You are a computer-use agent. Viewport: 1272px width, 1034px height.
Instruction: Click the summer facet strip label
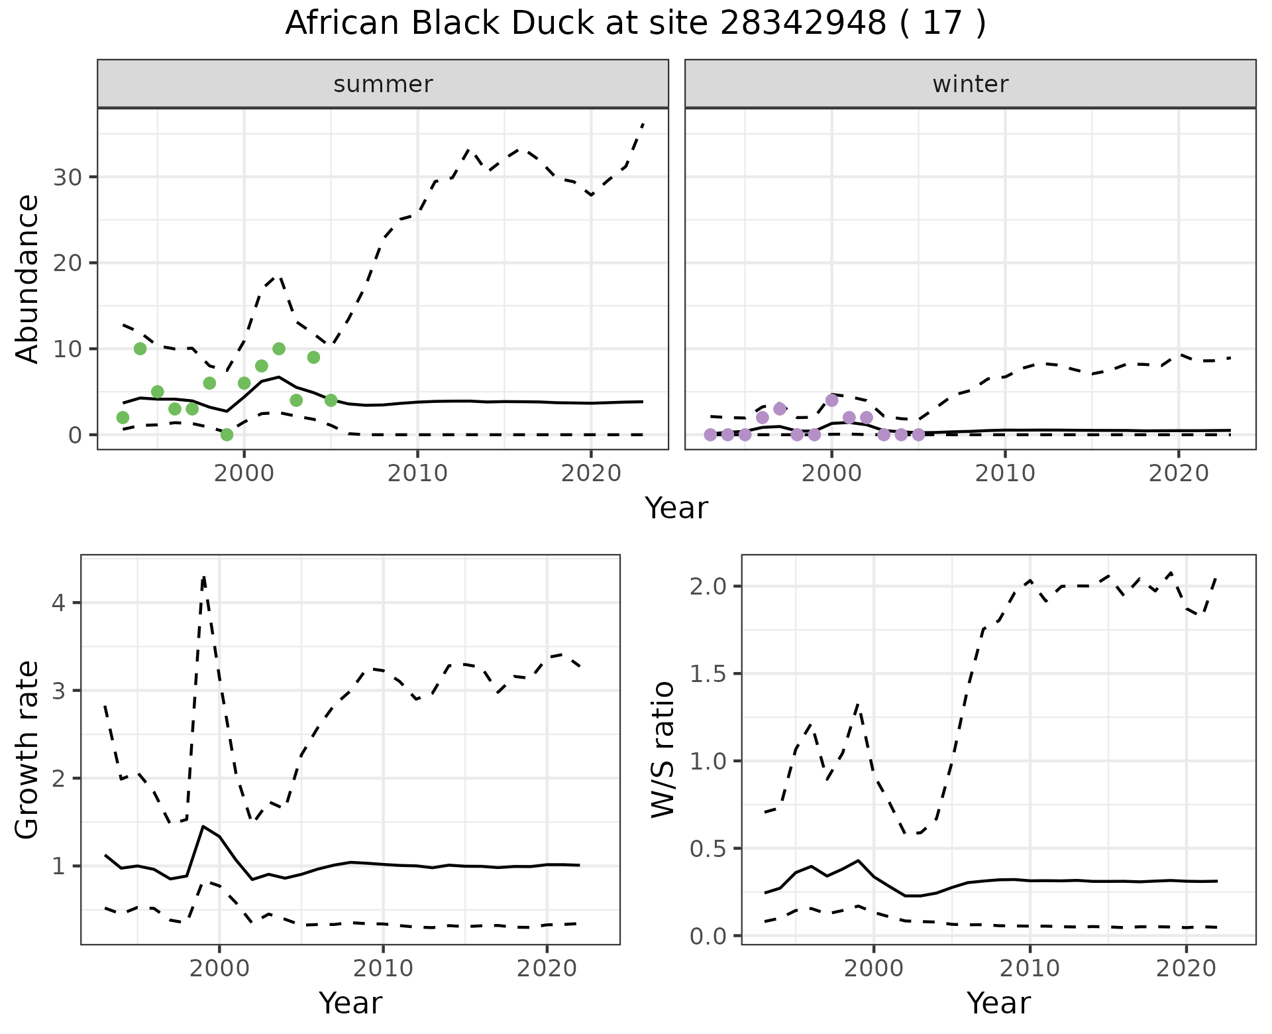pyautogui.click(x=383, y=84)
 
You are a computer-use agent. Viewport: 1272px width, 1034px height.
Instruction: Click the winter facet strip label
pyautogui.click(x=970, y=84)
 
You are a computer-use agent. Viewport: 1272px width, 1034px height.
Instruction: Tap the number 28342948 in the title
pyautogui.click(x=802, y=24)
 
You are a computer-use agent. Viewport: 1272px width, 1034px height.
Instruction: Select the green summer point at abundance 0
pyautogui.click(x=227, y=435)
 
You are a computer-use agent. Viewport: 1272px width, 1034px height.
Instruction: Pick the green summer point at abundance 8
pyautogui.click(x=261, y=366)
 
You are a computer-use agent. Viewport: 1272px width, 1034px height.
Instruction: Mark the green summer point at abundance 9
pyautogui.click(x=313, y=357)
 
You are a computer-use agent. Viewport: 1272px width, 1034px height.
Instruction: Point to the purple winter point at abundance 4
pyautogui.click(x=831, y=400)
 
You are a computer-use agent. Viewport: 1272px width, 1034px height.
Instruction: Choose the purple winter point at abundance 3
pyautogui.click(x=780, y=409)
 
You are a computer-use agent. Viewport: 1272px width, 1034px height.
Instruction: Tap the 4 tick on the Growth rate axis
pyautogui.click(x=60, y=603)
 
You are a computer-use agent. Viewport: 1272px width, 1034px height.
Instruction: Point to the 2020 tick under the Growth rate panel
pyautogui.click(x=547, y=968)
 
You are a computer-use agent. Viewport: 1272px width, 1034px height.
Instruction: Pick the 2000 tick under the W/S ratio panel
pyautogui.click(x=874, y=968)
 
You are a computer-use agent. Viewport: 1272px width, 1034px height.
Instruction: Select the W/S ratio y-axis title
pyautogui.click(x=662, y=749)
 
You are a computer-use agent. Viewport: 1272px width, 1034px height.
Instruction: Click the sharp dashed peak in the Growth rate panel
pyautogui.click(x=203, y=577)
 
